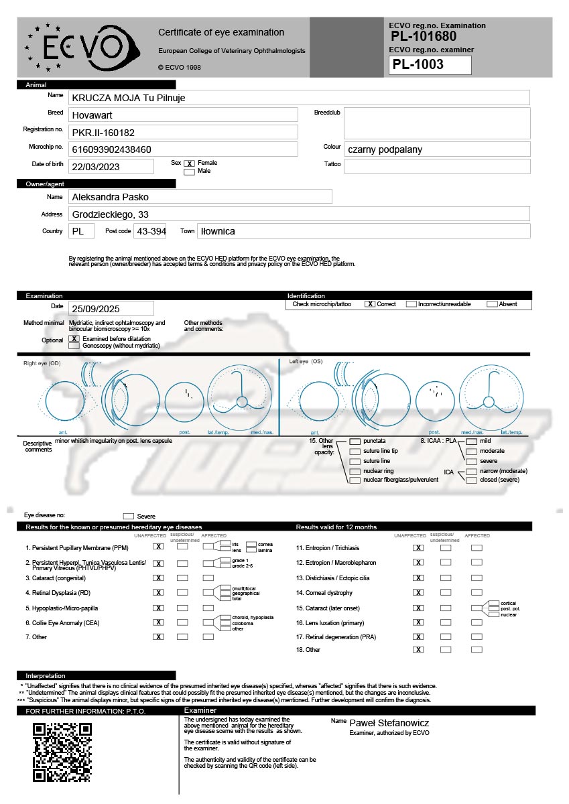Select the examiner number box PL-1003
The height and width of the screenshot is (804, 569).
(x=430, y=65)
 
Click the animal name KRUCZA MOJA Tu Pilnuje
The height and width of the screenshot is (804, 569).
(x=129, y=98)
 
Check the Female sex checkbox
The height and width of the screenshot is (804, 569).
(x=189, y=163)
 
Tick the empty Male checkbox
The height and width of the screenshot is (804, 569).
(x=189, y=172)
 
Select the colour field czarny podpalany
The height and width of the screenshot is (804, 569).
(x=384, y=149)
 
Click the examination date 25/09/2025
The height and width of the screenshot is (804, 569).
(x=95, y=309)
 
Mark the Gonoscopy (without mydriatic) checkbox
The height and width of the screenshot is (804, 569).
(x=74, y=346)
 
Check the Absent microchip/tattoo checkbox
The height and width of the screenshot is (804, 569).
(x=492, y=304)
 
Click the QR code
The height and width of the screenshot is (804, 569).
(x=62, y=752)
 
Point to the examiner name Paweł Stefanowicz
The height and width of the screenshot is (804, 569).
(x=389, y=724)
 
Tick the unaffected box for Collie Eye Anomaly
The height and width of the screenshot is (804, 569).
(x=158, y=622)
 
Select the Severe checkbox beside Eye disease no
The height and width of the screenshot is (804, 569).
(x=129, y=517)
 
